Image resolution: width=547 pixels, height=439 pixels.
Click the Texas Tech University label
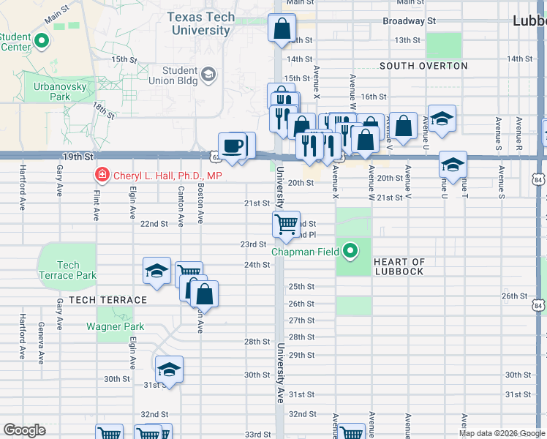point(201,23)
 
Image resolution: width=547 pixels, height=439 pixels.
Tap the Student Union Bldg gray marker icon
point(209,75)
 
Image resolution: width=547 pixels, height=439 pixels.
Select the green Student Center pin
point(41,42)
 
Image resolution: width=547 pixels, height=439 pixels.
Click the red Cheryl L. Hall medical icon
point(102,176)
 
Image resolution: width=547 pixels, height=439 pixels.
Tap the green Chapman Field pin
point(351,252)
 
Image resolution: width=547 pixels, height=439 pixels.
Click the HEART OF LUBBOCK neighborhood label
point(399,267)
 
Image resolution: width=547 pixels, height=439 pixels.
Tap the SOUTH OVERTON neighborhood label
point(423,66)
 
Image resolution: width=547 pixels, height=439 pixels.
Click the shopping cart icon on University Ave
point(286,223)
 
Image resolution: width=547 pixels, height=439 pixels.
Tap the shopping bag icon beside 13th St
point(282,29)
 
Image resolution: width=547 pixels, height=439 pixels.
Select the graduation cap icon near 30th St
point(169,369)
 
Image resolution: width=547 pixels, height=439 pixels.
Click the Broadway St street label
point(409,21)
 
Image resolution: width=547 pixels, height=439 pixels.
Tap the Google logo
point(24,430)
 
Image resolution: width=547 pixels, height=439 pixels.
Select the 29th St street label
point(301,355)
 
